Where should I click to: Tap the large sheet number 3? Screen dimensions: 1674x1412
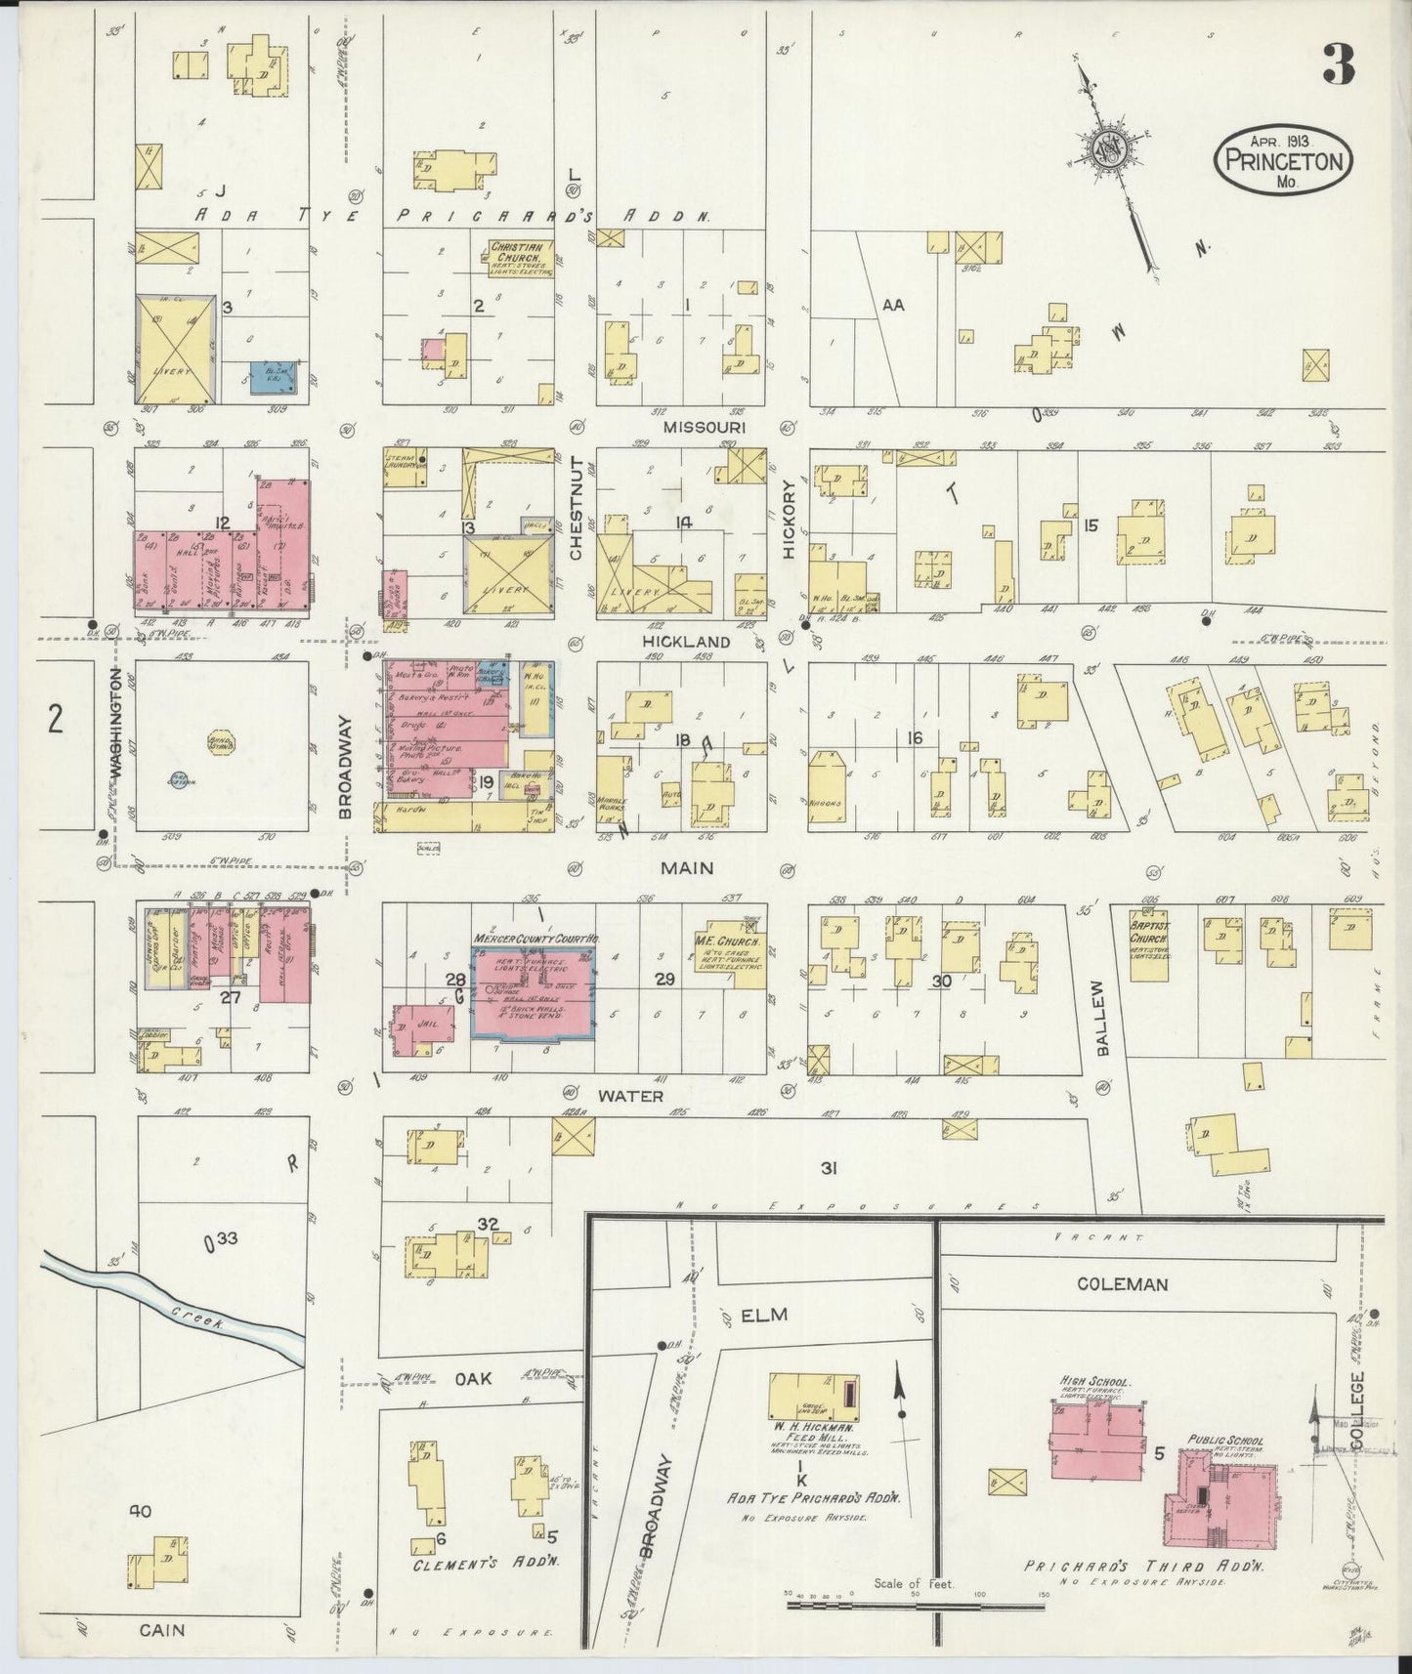1338,64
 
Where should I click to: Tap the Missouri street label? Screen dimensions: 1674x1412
704,427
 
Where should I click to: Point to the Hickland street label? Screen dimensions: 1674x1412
686,641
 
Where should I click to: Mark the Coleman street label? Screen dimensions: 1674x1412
1122,1283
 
